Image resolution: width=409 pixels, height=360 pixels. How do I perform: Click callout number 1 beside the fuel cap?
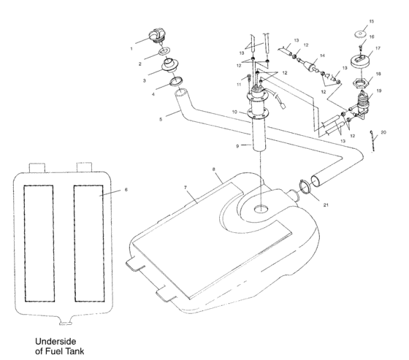131,50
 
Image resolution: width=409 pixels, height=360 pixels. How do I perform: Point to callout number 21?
326,205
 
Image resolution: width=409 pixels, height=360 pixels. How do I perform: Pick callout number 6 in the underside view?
125,189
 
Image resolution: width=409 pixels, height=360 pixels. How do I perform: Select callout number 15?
371,22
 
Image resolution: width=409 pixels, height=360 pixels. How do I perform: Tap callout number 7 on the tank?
186,188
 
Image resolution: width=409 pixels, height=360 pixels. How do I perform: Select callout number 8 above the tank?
214,170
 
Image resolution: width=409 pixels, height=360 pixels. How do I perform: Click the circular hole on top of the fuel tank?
261,210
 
